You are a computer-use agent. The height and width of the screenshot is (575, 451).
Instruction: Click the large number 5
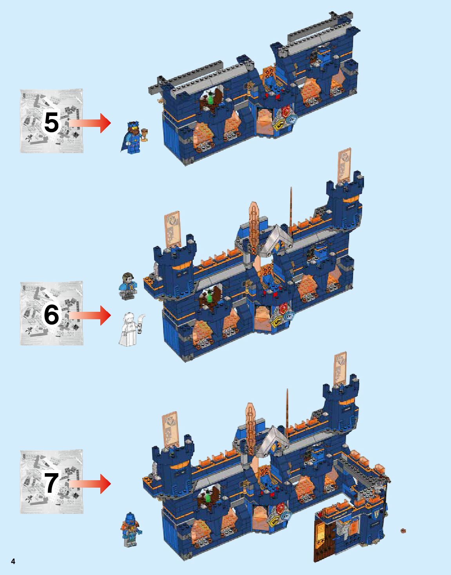tap(51, 123)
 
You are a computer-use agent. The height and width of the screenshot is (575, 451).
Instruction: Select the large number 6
tap(51, 315)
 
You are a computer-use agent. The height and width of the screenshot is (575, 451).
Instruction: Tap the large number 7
tap(51, 483)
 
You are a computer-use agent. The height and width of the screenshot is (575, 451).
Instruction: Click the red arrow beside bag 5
tap(91, 123)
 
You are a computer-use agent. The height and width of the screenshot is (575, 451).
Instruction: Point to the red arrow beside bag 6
tap(91, 315)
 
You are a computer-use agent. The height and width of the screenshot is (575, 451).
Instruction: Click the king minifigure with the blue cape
tap(132, 137)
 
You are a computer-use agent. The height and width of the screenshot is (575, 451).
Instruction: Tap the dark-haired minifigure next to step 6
tap(127, 286)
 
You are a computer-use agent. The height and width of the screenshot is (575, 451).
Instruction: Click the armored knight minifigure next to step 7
tap(132, 529)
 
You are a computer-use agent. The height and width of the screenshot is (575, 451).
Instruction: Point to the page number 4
tap(13, 561)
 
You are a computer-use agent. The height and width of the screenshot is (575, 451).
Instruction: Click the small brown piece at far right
tap(403, 531)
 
